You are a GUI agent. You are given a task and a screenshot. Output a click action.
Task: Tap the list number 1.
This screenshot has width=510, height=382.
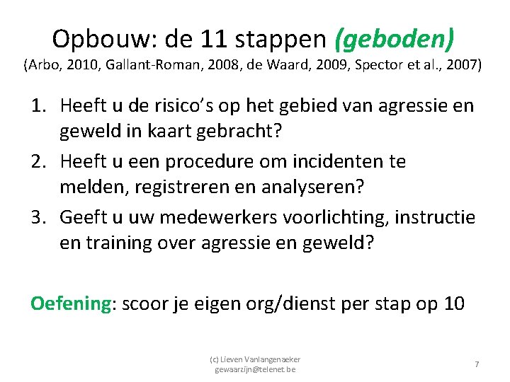tap(38, 106)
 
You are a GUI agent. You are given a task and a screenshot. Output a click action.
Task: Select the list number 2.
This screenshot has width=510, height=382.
tap(38, 161)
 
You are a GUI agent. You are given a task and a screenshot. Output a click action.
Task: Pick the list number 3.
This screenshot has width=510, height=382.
tap(38, 216)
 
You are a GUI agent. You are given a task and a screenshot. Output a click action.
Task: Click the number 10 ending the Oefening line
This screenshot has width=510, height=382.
tap(454, 303)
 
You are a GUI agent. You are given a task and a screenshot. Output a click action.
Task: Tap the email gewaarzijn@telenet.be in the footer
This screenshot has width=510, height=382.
tap(255, 369)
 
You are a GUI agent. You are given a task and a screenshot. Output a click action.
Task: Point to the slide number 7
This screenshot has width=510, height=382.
tap(477, 364)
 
